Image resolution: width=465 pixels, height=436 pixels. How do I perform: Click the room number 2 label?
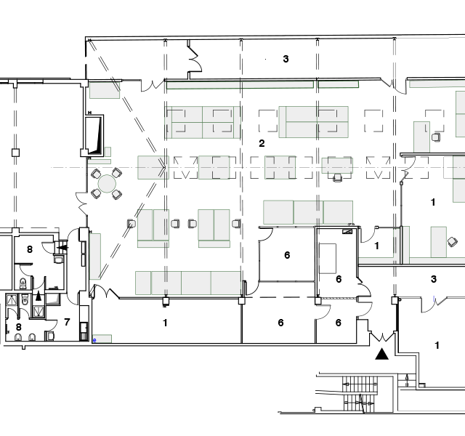click(x=262, y=144)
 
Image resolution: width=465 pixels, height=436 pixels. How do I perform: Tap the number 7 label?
click(x=67, y=322)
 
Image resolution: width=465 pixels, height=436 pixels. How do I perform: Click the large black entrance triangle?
click(x=382, y=354)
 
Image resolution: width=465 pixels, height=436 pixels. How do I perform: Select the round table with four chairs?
click(x=107, y=184)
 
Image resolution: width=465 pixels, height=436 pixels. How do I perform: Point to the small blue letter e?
click(x=94, y=340)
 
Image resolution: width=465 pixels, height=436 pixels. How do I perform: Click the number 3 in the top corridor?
click(x=286, y=59)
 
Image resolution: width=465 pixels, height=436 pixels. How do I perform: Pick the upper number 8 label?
click(x=30, y=249)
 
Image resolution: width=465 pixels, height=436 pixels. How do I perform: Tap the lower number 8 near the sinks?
click(x=19, y=327)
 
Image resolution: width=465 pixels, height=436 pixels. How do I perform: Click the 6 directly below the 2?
click(x=287, y=255)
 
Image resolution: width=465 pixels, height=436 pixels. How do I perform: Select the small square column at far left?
click(x=15, y=153)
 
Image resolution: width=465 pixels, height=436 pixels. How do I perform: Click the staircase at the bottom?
click(x=360, y=394)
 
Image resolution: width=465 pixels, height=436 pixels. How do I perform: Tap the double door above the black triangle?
click(x=383, y=336)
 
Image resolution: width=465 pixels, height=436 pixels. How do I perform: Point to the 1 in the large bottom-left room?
click(x=165, y=323)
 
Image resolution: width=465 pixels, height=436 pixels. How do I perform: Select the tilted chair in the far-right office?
click(x=452, y=242)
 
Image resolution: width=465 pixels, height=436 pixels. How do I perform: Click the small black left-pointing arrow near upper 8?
click(x=62, y=247)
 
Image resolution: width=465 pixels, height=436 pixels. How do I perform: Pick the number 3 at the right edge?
click(x=434, y=279)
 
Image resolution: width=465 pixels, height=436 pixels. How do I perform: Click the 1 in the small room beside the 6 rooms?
click(x=376, y=246)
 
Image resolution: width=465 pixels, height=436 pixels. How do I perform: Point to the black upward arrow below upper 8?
click(x=39, y=296)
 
